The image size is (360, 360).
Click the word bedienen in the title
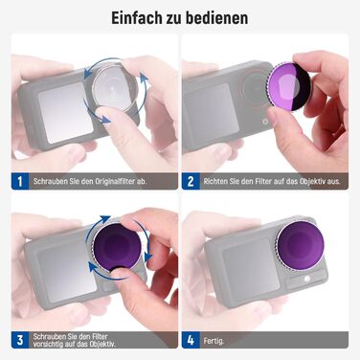(x=219, y=17)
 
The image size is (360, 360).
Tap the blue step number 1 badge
(x=19, y=179)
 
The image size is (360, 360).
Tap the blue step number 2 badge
(x=191, y=179)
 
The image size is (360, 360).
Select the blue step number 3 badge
(x=19, y=339)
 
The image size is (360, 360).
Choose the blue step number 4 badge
(x=191, y=339)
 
